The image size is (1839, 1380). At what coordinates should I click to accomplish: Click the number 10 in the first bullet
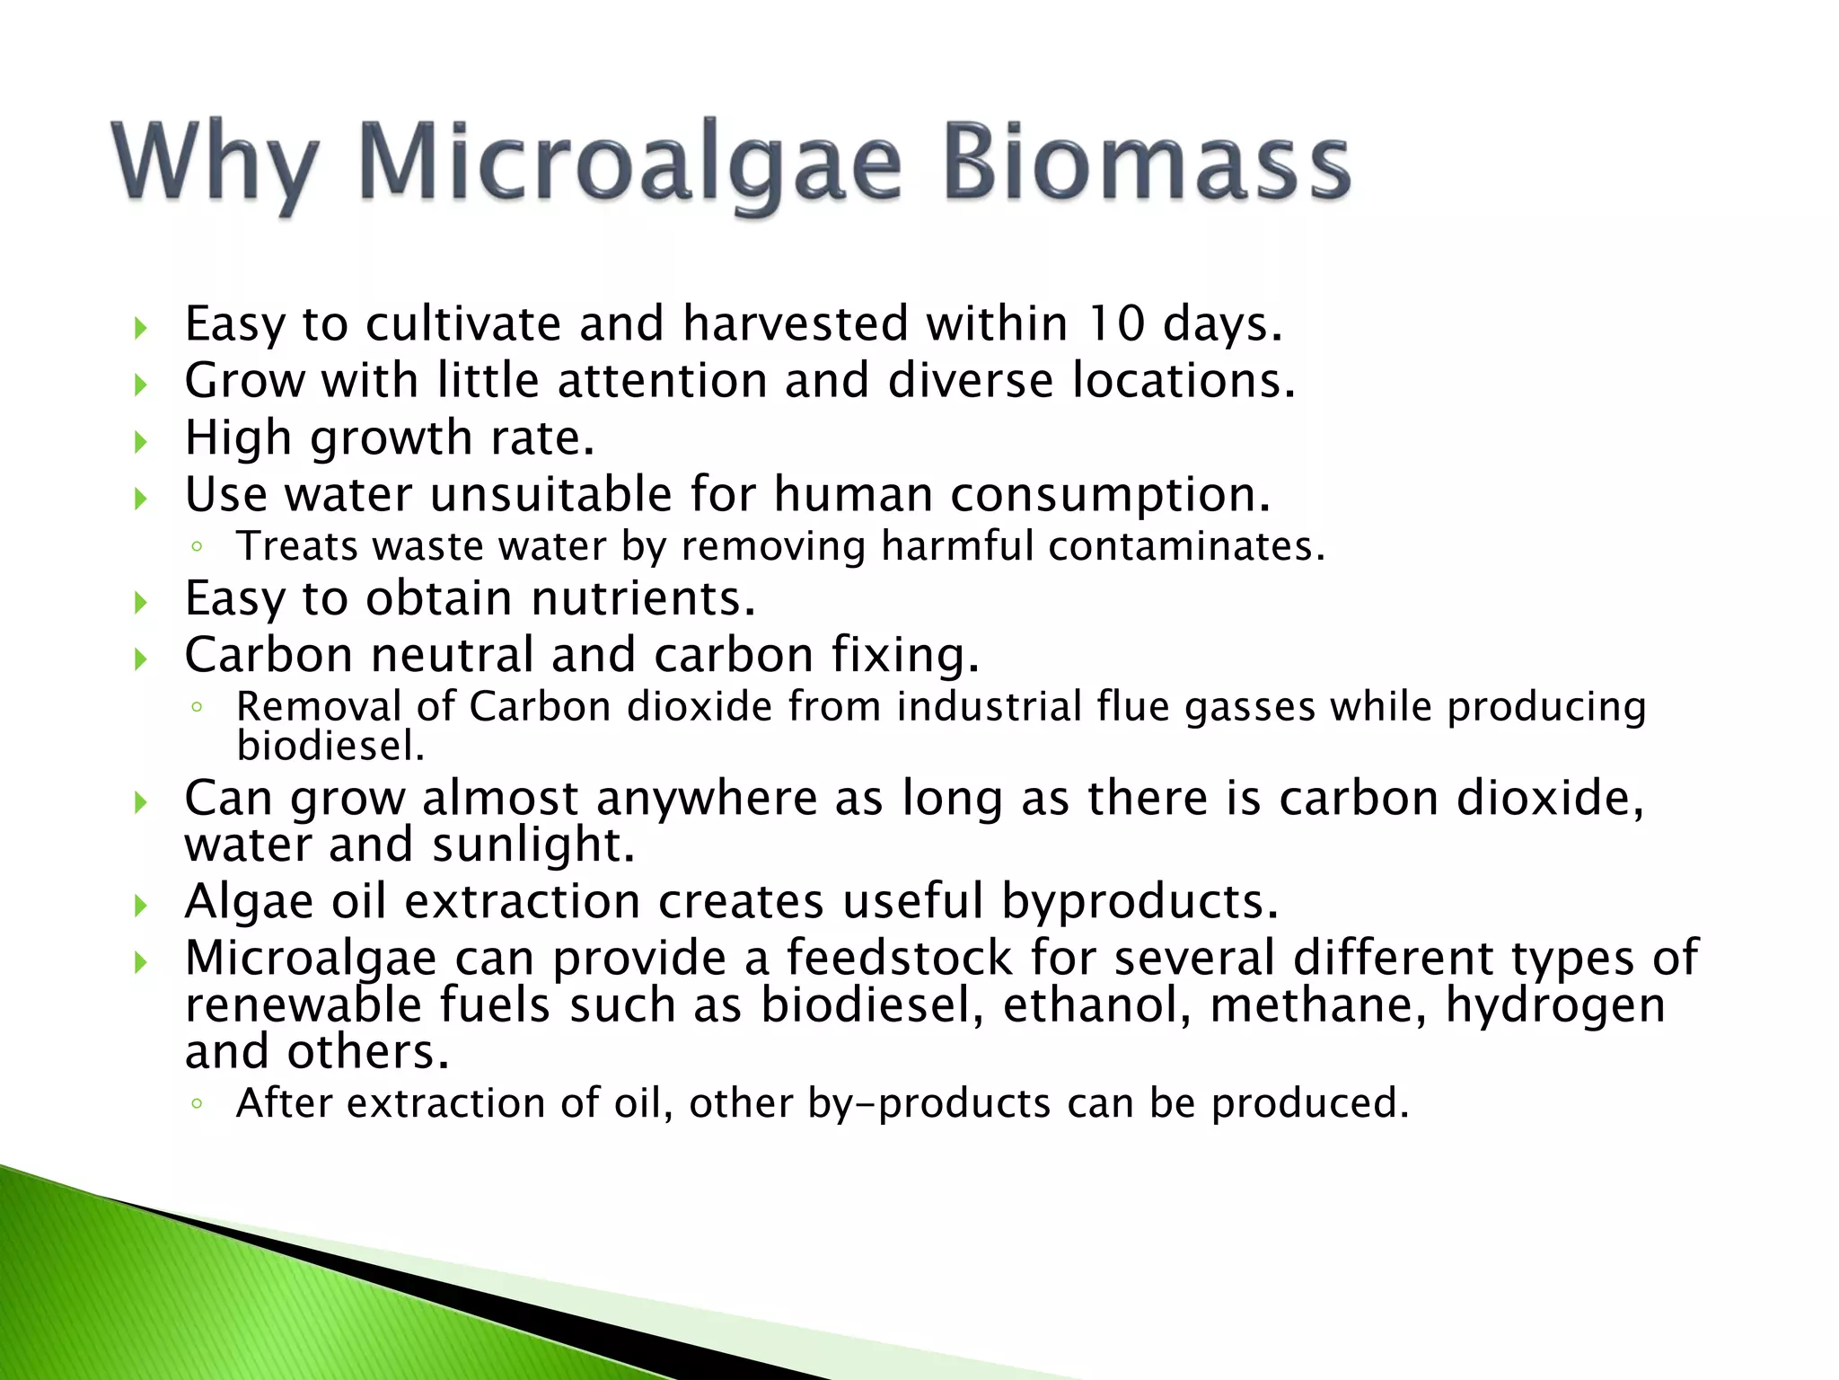pos(1116,323)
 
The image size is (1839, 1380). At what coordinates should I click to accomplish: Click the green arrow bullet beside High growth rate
pos(140,441)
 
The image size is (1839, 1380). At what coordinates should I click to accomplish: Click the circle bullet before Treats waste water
pos(197,547)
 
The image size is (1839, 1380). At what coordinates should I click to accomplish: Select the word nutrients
pos(643,598)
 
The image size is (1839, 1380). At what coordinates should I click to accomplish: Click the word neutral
pos(453,655)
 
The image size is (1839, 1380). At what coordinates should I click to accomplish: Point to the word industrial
pos(989,706)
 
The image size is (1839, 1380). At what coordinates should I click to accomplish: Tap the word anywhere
pos(707,798)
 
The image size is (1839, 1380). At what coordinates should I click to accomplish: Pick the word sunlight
pos(533,846)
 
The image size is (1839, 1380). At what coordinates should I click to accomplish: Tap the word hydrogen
pos(1555,1006)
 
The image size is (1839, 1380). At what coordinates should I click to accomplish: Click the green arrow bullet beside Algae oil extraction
pos(140,906)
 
